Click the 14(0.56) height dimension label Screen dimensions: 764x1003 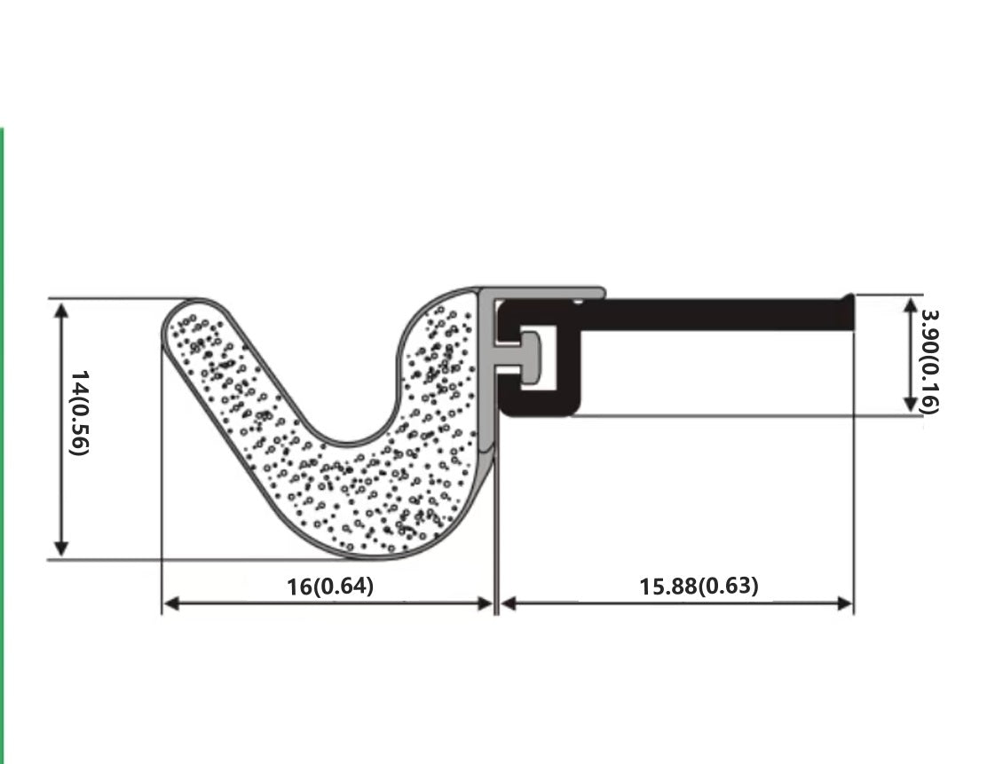point(80,413)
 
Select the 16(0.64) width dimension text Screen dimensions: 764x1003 point(330,587)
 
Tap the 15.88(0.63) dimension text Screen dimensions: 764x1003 point(699,587)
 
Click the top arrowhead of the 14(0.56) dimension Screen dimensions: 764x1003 point(61,310)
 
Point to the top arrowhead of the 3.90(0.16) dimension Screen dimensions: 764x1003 point(910,305)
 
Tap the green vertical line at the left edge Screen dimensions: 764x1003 point(2,444)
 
